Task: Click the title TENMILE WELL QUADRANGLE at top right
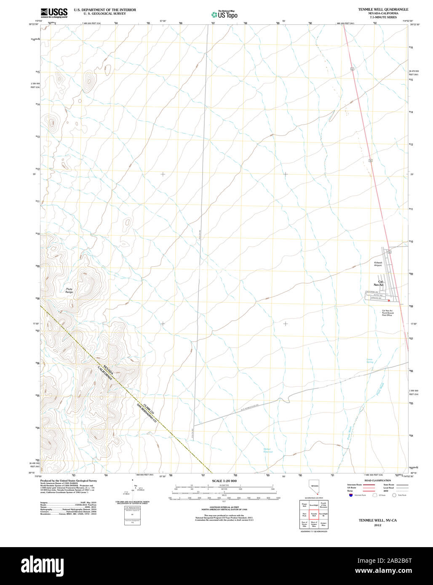[383, 9]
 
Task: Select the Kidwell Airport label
[378, 264]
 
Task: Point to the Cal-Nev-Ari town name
[380, 283]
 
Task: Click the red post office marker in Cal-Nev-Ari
[389, 300]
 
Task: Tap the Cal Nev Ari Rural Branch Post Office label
[388, 313]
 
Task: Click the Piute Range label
[69, 290]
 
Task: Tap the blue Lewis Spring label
[369, 360]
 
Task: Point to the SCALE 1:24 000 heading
[224, 481]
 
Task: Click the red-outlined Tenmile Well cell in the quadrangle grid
[314, 514]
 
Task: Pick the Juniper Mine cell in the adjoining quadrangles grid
[323, 524]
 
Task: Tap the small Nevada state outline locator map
[314, 488]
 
